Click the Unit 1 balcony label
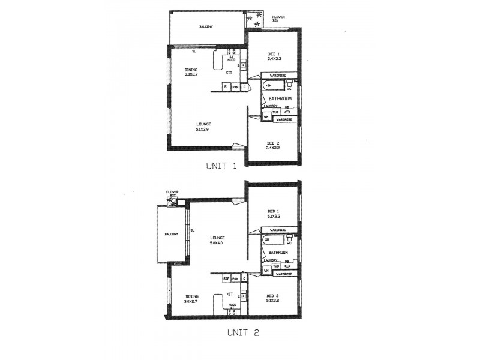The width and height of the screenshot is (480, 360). (x=206, y=27)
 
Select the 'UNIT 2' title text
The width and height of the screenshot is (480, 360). (x=242, y=331)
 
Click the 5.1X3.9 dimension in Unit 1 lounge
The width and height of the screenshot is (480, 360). (x=203, y=130)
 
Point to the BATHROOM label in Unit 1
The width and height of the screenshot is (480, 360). (x=280, y=98)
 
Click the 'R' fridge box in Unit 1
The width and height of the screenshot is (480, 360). (x=225, y=87)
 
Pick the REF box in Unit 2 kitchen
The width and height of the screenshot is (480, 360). (x=226, y=278)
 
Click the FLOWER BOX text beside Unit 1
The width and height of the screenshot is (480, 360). (x=279, y=19)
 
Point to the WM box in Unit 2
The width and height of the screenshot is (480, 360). (x=266, y=271)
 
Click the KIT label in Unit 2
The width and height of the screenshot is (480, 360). (x=230, y=294)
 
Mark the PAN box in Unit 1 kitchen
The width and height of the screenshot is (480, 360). (x=235, y=87)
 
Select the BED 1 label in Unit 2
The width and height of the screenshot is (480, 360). (x=274, y=211)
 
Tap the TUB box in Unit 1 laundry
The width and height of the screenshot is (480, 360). (x=275, y=112)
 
